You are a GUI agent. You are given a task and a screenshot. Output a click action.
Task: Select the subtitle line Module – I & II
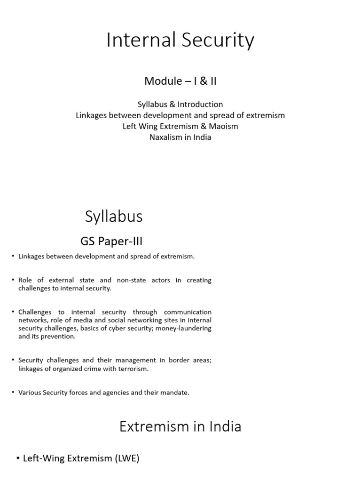point(180,81)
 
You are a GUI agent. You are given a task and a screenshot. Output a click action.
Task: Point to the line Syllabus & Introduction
point(180,104)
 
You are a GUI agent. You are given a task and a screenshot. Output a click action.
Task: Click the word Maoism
point(221,126)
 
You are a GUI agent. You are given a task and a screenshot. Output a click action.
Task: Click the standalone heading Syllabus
point(114,217)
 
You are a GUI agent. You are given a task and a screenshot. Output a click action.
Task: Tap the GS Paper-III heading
point(111,241)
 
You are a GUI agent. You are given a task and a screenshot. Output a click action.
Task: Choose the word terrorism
point(132,369)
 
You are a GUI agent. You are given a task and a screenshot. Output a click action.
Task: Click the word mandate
point(175,392)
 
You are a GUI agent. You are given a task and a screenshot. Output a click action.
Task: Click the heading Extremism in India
point(180,426)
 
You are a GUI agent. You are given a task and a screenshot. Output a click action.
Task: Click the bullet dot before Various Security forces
point(13,392)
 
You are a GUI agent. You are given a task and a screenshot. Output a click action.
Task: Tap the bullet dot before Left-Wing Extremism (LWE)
point(17,458)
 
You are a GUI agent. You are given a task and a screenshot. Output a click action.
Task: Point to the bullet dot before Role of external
point(13,280)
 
